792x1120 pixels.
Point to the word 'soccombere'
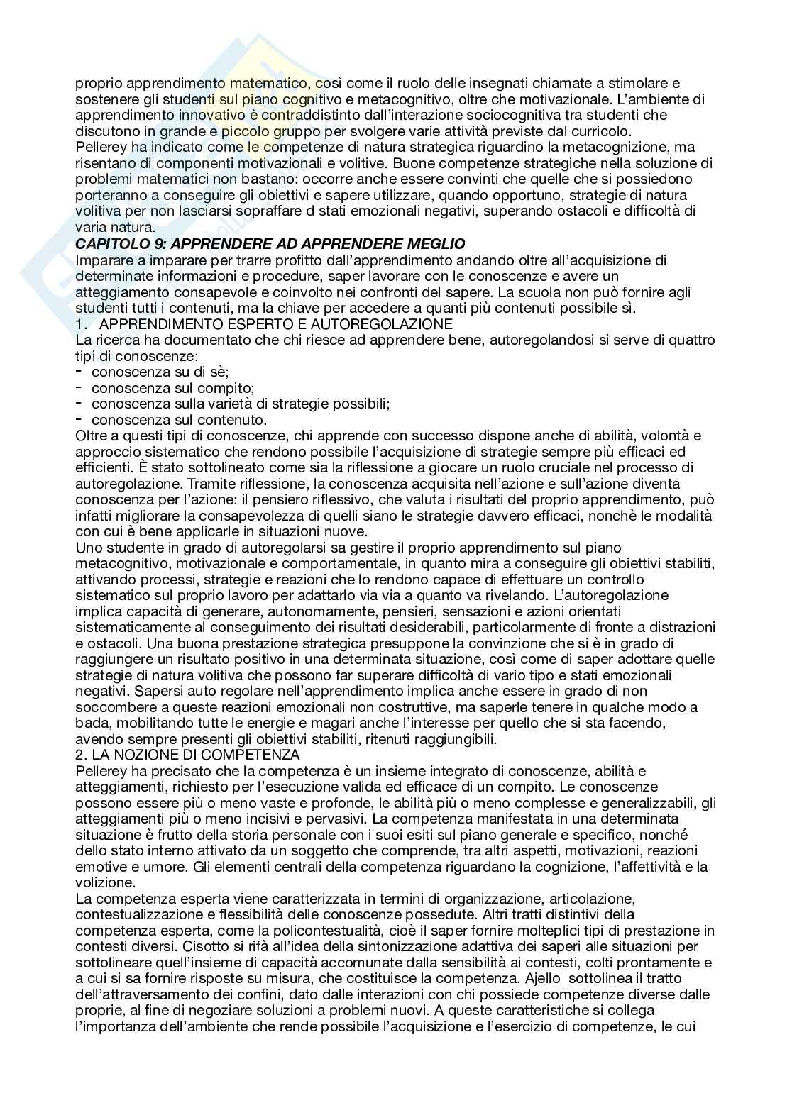point(111,707)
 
